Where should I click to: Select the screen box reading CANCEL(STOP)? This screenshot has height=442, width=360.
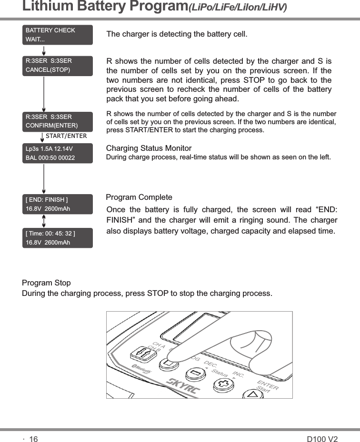(x=58, y=66)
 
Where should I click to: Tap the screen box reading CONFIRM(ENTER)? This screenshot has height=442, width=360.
(x=58, y=121)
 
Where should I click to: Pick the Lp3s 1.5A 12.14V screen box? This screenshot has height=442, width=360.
(x=58, y=153)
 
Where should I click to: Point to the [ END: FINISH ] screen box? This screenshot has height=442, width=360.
(x=58, y=203)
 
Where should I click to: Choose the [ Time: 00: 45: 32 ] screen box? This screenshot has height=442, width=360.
(x=58, y=238)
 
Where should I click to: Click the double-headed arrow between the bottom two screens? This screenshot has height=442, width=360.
(x=44, y=221)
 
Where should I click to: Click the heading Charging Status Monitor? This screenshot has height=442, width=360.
(x=149, y=148)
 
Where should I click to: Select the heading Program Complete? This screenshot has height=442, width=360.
(x=139, y=197)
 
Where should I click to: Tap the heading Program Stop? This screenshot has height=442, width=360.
(x=46, y=283)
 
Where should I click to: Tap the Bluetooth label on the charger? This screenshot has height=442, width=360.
(x=141, y=370)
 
